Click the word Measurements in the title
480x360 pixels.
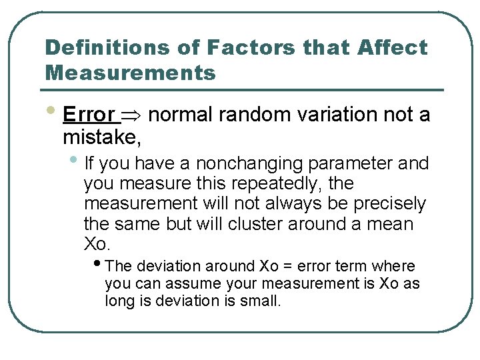(x=130, y=72)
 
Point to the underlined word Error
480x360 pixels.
(x=88, y=115)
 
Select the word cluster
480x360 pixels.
(x=256, y=223)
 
